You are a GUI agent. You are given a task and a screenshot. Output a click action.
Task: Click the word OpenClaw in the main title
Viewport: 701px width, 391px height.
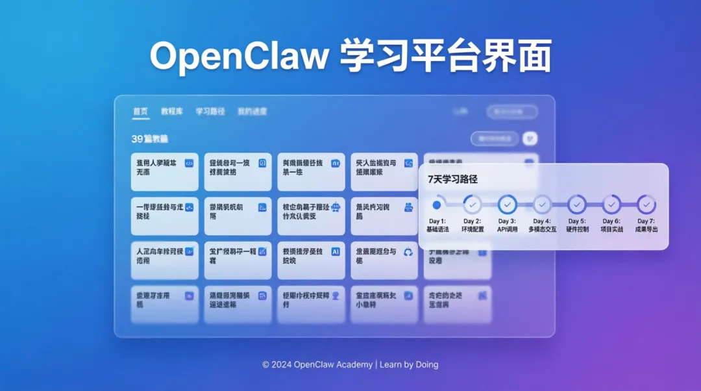coord(240,56)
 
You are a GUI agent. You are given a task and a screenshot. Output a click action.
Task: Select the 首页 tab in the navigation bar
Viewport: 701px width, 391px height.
coord(141,112)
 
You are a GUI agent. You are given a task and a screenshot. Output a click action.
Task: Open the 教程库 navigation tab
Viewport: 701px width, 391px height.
coord(172,112)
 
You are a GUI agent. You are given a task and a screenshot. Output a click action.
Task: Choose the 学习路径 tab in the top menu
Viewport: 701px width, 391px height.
coord(210,112)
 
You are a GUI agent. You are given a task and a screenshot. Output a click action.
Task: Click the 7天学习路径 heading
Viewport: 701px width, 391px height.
coord(452,179)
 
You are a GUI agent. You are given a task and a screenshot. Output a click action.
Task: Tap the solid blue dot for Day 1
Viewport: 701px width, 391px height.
coord(437,205)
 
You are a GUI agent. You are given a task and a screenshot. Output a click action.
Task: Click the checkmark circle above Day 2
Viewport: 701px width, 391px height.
coord(473,205)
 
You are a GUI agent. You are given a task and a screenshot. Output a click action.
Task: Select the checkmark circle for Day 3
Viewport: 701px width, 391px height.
coord(508,205)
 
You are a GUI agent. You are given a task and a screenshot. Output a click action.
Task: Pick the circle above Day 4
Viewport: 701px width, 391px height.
coord(542,205)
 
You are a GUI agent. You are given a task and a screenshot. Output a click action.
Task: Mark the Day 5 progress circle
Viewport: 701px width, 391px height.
coord(577,205)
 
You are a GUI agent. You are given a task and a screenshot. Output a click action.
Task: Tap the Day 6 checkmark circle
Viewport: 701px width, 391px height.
coord(611,205)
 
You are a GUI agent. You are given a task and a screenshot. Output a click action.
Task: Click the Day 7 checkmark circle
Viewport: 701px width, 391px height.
coord(646,205)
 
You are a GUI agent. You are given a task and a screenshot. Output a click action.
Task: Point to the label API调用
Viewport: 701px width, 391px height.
coord(508,229)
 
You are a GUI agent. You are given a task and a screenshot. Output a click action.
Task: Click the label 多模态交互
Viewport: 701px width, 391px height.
coord(542,229)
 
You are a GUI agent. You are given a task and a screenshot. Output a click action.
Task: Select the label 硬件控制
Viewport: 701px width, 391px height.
coord(577,229)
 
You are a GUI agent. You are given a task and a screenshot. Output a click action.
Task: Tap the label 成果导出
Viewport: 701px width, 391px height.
coord(646,229)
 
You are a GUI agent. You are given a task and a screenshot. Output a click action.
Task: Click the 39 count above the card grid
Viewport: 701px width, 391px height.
coord(136,139)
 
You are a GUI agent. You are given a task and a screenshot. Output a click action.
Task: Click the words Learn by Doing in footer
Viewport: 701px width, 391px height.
coord(409,364)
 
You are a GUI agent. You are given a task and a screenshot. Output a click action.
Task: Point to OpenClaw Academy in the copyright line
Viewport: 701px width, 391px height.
coord(333,364)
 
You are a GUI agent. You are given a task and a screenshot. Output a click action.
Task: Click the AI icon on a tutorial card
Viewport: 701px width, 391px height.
coord(336,251)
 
